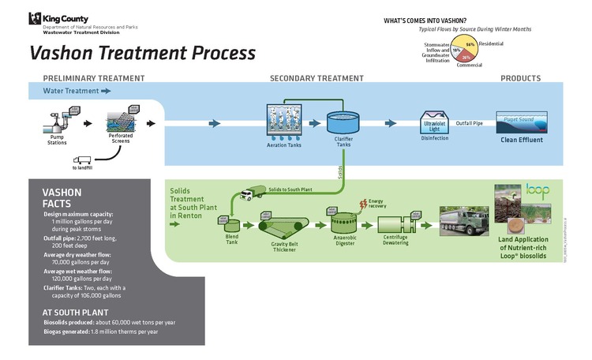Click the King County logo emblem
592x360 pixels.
[x=35, y=18]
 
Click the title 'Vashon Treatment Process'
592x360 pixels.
[x=143, y=53]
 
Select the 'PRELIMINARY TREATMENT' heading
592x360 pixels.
[x=93, y=78]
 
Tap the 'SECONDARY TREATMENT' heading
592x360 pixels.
[x=317, y=78]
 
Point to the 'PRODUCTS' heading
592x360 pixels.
[x=521, y=78]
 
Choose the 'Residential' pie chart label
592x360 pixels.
[x=491, y=43]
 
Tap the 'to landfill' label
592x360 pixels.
[x=81, y=167]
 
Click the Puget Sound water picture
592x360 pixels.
[x=516, y=122]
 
